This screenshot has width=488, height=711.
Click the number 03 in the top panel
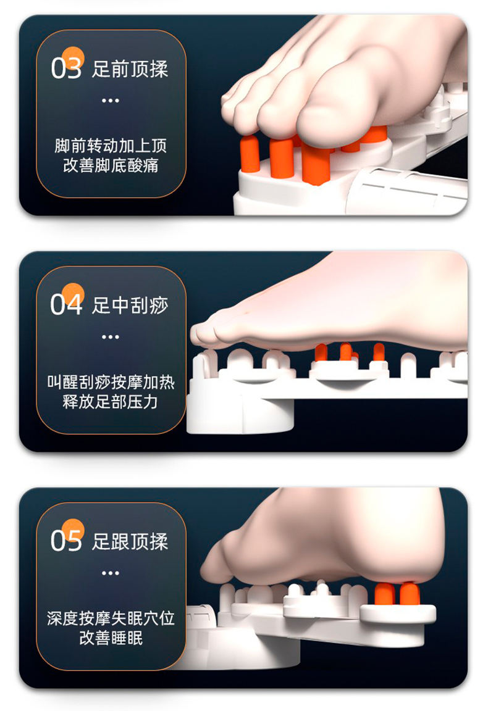66,69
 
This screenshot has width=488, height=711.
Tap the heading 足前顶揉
130,69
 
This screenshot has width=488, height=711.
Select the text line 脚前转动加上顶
111,146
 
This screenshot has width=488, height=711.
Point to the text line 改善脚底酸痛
111,165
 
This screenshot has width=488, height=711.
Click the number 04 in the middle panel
66,305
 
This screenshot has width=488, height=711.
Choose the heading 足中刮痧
130,305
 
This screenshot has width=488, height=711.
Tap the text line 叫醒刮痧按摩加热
111,382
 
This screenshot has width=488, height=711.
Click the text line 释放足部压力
111,401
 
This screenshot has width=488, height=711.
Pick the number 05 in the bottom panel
66,541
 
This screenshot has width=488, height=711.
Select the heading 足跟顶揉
130,541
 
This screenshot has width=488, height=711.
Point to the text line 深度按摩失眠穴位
111,618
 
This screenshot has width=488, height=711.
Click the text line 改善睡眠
111,638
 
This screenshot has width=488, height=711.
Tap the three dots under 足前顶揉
111,101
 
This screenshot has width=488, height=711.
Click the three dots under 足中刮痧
111,337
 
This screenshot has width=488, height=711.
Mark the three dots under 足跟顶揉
111,573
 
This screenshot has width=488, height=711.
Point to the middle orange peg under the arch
346,351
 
